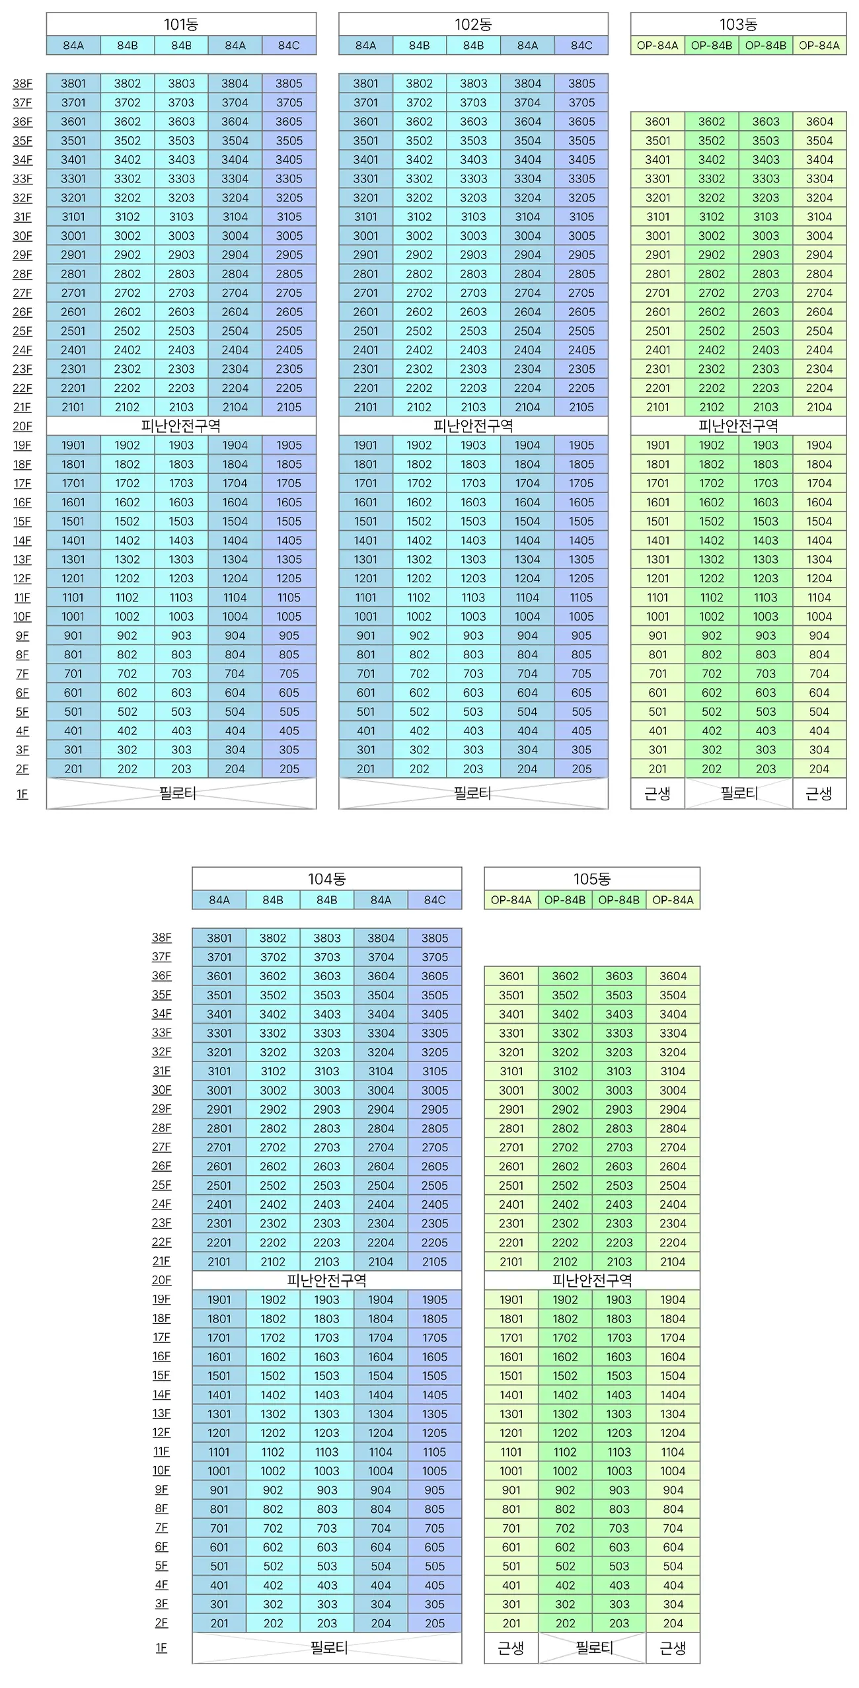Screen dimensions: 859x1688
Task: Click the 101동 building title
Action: click(x=181, y=24)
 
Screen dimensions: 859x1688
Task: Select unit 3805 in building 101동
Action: click(x=289, y=83)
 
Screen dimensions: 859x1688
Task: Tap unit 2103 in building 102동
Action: click(x=473, y=407)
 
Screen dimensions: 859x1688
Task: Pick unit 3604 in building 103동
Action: click(x=819, y=122)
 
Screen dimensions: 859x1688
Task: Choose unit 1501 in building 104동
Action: click(x=219, y=1375)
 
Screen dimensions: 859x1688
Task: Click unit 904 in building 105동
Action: click(x=673, y=1490)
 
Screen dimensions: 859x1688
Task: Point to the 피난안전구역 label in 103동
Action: click(x=738, y=426)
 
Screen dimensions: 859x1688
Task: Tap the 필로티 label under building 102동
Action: click(x=472, y=793)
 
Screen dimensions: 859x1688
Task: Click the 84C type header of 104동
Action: click(x=435, y=900)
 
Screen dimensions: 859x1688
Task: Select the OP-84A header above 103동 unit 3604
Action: click(x=819, y=46)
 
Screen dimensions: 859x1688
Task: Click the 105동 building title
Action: click(x=591, y=879)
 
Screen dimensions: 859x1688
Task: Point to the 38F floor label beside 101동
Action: click(x=22, y=84)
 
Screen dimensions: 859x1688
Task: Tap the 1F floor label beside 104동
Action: click(x=161, y=1648)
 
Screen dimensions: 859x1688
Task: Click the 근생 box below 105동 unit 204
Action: click(x=673, y=1648)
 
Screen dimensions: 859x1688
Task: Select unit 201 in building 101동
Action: click(x=73, y=769)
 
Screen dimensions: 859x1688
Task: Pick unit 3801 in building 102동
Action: click(x=365, y=83)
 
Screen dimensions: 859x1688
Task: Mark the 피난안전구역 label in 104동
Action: click(x=327, y=1281)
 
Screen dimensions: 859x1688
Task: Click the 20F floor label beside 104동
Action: click(x=161, y=1280)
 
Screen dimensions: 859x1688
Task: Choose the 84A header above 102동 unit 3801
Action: click(x=365, y=46)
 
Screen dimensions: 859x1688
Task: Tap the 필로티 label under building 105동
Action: click(x=594, y=1648)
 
